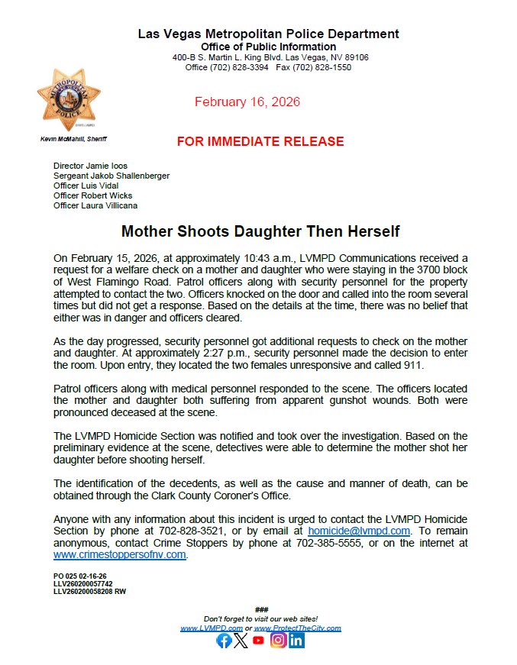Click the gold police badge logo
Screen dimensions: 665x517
coord(69,99)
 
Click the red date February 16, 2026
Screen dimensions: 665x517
coord(247,102)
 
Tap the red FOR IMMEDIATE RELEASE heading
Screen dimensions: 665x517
coord(260,141)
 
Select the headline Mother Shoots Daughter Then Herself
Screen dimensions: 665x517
coord(260,231)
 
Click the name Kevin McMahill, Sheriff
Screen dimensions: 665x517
coord(73,139)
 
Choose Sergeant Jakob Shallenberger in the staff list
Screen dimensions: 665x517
coord(111,176)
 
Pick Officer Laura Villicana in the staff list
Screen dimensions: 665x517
coord(95,205)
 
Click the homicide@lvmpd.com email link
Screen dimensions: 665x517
coord(359,530)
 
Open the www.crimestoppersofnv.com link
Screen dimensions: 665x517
coord(120,554)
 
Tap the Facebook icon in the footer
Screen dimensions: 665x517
coord(224,641)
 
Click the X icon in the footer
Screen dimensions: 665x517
coord(241,641)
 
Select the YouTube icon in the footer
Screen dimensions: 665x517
coord(259,641)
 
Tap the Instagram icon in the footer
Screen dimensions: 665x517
coord(278,641)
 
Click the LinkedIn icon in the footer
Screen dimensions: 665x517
coord(296,641)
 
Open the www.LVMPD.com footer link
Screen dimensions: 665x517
coord(206,628)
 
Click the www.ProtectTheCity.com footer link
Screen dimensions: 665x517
coord(297,628)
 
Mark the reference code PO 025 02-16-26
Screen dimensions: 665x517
coord(79,576)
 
